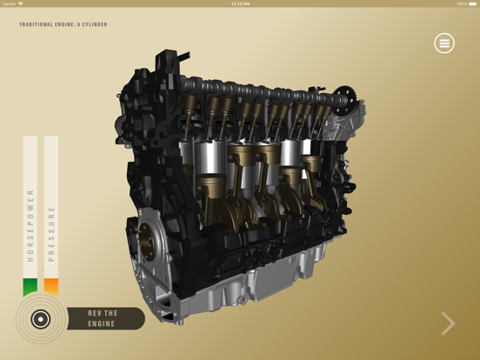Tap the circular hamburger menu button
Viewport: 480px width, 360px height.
(444, 43)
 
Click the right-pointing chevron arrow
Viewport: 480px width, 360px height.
(448, 323)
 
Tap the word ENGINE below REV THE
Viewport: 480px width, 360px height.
(101, 324)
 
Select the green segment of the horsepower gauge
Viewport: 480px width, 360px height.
(30, 288)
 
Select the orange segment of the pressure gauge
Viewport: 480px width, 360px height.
(51, 288)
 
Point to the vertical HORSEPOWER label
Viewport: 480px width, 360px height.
(30, 225)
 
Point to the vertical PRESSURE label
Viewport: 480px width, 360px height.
(51, 233)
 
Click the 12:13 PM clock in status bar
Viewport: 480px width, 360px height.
(240, 3)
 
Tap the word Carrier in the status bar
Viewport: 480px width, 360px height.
(10, 3)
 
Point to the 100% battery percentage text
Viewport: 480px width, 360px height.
(461, 3)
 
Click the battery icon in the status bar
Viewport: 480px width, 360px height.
(472, 3)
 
